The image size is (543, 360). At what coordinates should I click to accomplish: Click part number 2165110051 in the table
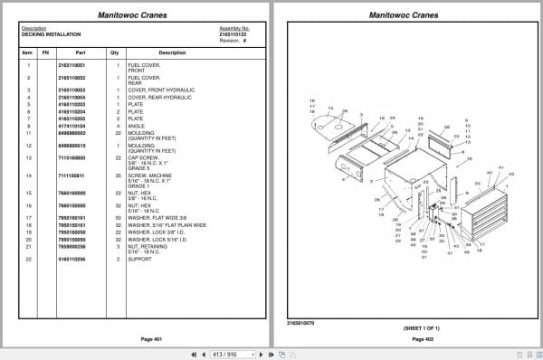pos(71,65)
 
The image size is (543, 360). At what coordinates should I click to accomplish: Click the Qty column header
pos(115,52)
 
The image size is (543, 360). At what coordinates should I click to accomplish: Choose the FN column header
pos(46,52)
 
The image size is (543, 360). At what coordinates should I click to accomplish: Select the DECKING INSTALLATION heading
pos(47,33)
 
